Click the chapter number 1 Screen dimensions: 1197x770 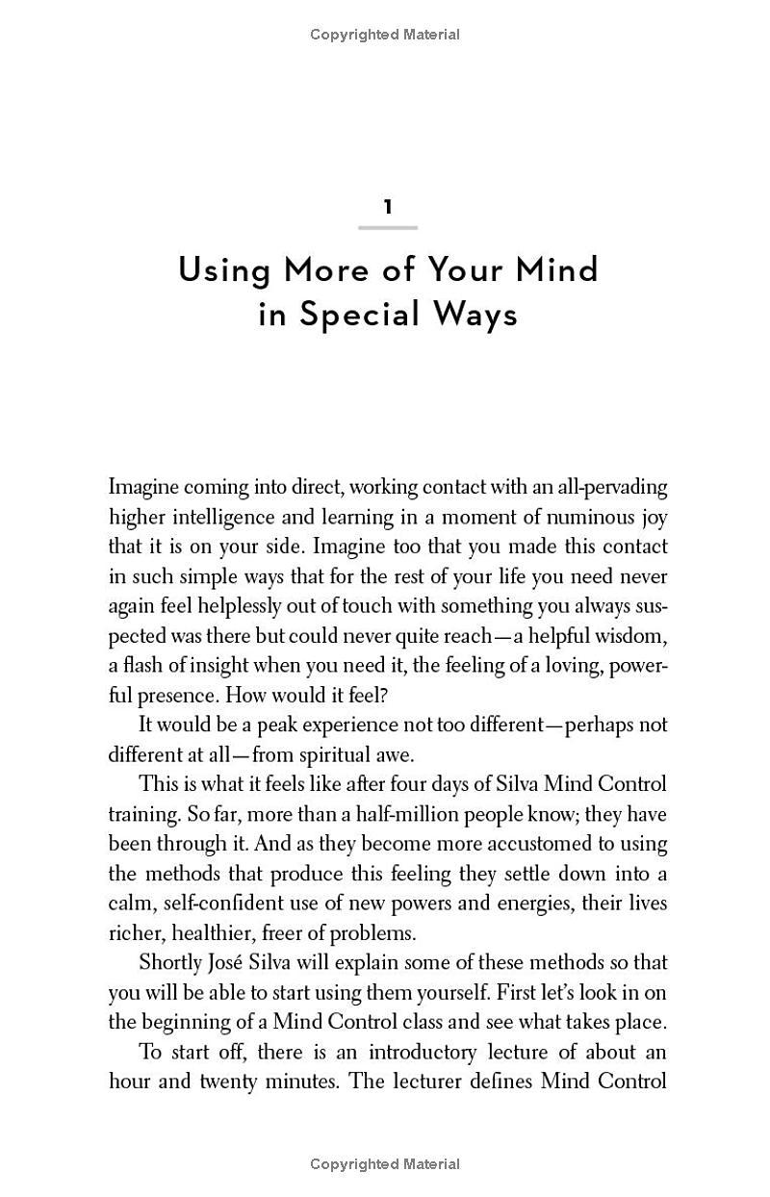point(388,207)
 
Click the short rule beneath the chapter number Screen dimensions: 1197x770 point(388,228)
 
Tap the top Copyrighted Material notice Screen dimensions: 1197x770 point(385,35)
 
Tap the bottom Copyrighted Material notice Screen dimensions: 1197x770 point(385,1164)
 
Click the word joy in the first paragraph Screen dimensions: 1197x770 point(653,517)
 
